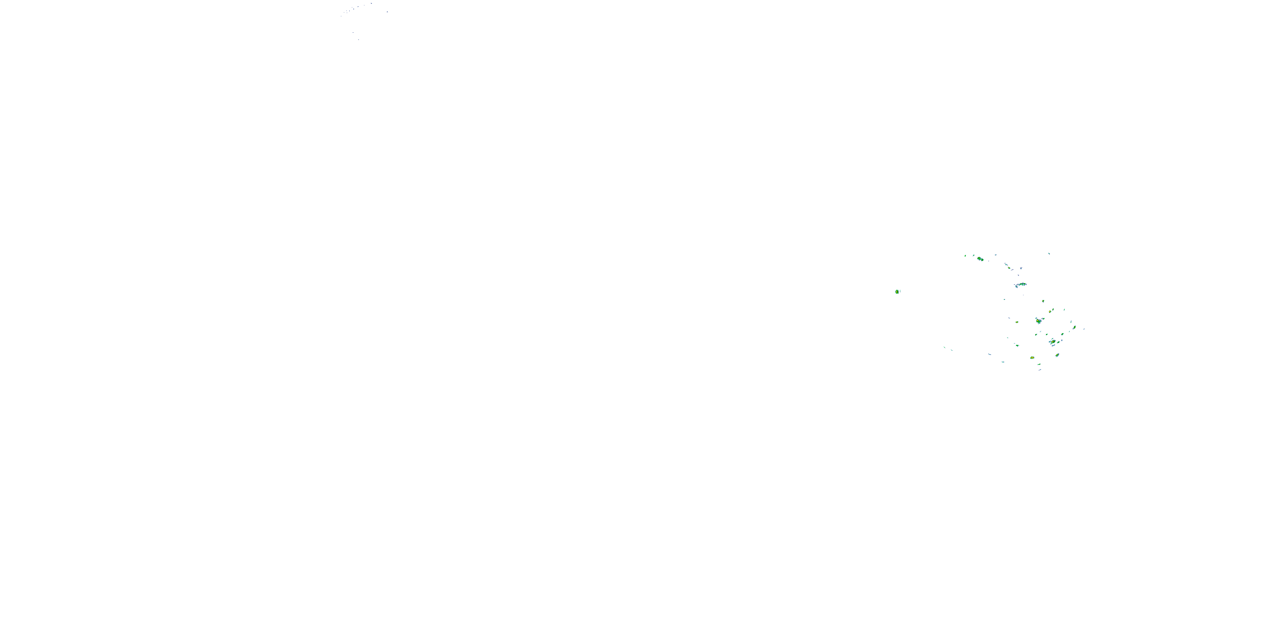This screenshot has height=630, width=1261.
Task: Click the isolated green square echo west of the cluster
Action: coord(897,291)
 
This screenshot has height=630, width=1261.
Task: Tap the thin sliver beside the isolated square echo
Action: coord(900,291)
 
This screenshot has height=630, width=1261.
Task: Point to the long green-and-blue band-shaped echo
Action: coord(1020,284)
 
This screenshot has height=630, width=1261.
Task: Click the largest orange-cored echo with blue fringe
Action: coord(1038,321)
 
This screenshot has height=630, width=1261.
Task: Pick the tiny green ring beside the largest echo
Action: coord(1043,318)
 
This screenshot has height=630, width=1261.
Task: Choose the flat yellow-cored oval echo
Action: coord(1032,357)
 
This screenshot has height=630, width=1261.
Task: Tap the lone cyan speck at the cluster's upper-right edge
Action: coord(1049,253)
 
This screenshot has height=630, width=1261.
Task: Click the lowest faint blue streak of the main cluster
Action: coord(1040,370)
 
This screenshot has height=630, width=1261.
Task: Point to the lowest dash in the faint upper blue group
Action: coord(358,39)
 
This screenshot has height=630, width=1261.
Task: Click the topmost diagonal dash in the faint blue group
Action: coord(371,3)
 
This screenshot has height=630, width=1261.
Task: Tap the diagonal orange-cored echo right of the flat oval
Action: coord(1058,355)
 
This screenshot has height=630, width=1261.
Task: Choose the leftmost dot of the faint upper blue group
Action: coord(342,16)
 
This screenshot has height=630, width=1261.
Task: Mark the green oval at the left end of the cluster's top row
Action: coord(966,255)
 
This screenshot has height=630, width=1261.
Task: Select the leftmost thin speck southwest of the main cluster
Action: coord(944,347)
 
